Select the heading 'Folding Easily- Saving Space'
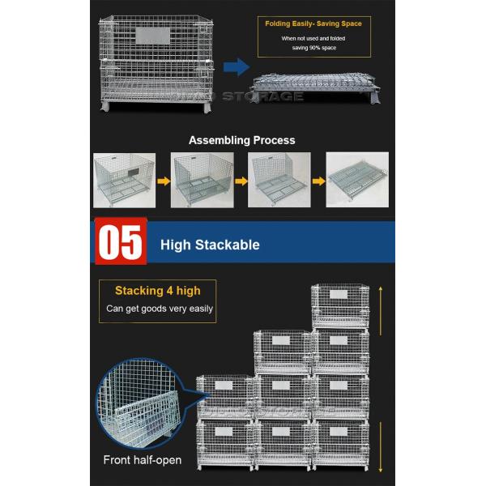click(313, 24)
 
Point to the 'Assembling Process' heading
click(242, 140)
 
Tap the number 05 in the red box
click(120, 241)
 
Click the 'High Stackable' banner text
click(210, 244)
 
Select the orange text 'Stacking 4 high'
click(157, 290)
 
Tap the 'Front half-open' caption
click(142, 460)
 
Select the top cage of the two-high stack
click(224, 397)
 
